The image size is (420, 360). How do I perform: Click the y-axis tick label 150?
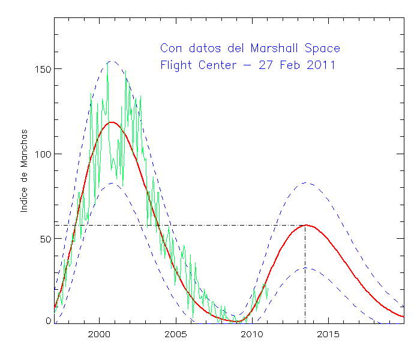tap(41, 69)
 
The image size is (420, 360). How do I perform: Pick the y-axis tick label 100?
tap(41, 154)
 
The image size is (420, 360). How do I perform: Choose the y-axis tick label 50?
tap(44, 239)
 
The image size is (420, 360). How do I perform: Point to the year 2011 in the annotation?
tap(318, 64)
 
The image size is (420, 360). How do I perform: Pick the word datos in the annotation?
tap(205, 48)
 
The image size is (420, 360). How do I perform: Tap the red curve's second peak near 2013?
tap(305, 225)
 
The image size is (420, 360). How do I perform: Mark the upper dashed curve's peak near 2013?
tap(305, 183)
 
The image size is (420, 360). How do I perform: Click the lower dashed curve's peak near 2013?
tap(305, 268)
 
